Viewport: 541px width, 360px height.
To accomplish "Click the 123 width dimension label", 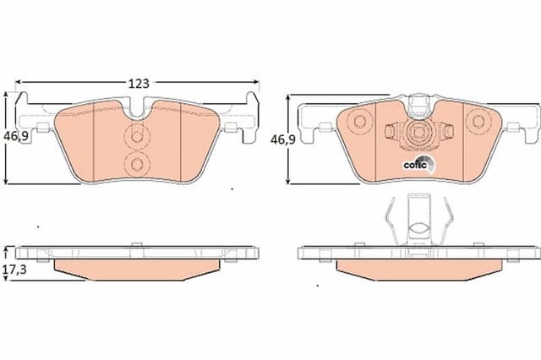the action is coord(139,84).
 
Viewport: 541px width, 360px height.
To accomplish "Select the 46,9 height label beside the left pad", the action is coord(15,137).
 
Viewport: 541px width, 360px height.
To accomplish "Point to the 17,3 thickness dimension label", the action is coord(14,270).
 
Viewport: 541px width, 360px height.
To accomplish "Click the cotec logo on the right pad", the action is coord(418,164).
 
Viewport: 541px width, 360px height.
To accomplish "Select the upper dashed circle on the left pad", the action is coord(137,137).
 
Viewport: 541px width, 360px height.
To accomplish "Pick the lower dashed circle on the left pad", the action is coord(137,165).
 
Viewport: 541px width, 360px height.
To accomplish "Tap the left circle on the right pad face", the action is coord(359,122).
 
